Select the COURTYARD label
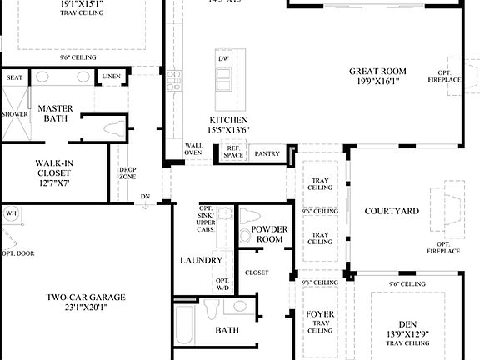pos(392,212)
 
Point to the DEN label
pos(407,325)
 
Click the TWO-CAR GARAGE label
pos(86,297)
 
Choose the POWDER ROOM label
pos(267,233)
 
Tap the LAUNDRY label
pos(202,260)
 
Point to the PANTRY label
pos(267,154)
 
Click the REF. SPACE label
pos(233,152)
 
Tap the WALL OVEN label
pos(193,149)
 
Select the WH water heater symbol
pos(11,213)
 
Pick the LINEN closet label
pos(111,77)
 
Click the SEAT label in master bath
pos(14,77)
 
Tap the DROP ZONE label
pos(127,173)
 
